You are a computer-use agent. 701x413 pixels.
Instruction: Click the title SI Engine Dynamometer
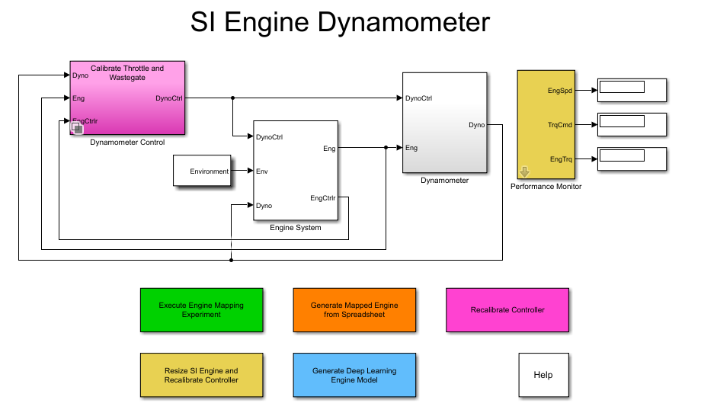coord(340,23)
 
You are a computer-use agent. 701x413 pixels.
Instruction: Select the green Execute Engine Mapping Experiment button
coord(201,310)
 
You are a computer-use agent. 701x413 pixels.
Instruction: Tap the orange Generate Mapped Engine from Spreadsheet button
coord(354,310)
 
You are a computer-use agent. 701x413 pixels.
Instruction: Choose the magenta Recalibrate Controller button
coord(507,310)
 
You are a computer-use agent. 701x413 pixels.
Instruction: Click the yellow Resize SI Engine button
coord(201,375)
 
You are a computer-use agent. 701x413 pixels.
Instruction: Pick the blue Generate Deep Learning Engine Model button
coord(354,375)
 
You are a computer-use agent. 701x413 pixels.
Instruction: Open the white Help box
coord(543,375)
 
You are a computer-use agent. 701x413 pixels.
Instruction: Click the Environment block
coord(203,171)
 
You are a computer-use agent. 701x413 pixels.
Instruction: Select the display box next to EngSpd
coord(632,90)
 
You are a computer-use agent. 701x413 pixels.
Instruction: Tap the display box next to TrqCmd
coord(632,124)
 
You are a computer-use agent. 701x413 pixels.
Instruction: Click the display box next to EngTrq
coord(632,158)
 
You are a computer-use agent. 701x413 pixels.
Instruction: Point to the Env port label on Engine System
coord(262,171)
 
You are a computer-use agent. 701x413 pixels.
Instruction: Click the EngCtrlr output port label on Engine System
coord(322,198)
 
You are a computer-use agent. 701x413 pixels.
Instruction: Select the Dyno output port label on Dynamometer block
coord(475,124)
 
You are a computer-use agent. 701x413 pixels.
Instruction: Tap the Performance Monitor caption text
coord(546,187)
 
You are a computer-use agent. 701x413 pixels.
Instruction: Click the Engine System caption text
coord(296,228)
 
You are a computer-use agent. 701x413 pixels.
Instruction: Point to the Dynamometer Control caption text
coord(127,142)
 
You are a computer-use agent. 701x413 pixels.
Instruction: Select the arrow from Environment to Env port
coord(242,171)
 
